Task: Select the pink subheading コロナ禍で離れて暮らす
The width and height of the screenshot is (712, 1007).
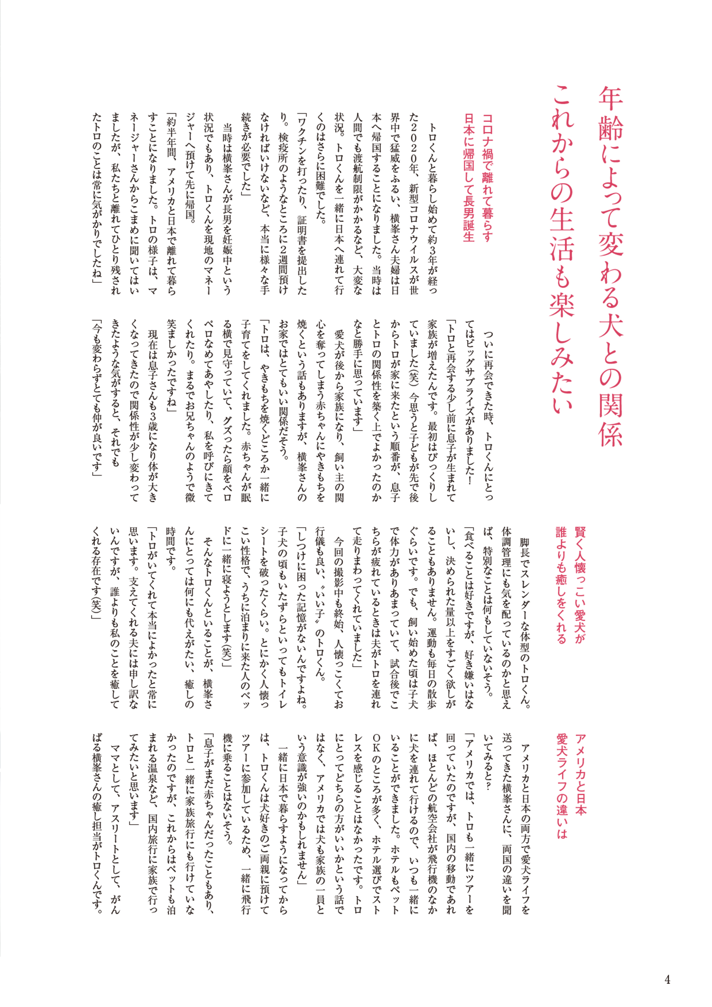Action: (487, 178)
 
